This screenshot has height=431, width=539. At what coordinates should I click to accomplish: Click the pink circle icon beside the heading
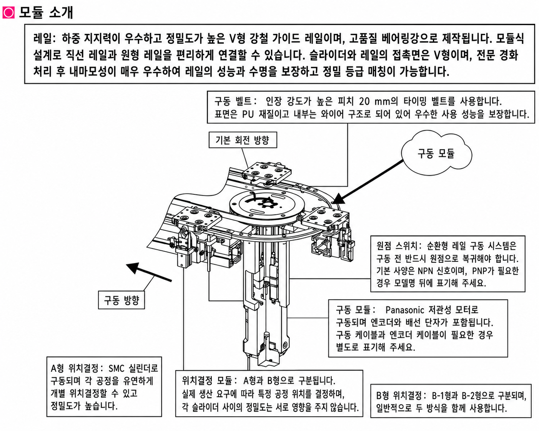tap(8, 13)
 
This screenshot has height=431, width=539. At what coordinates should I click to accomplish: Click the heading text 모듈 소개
tap(46, 12)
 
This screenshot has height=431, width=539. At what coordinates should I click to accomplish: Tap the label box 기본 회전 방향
tap(243, 140)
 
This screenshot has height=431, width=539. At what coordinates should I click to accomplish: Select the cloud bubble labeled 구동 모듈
tap(436, 153)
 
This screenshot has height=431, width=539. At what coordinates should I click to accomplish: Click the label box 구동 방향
tap(121, 300)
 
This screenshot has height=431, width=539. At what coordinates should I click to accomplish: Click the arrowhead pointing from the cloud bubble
tap(337, 199)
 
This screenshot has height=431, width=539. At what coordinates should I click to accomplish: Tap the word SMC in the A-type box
tap(116, 368)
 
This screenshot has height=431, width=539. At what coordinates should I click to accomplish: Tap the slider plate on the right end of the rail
tap(326, 218)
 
